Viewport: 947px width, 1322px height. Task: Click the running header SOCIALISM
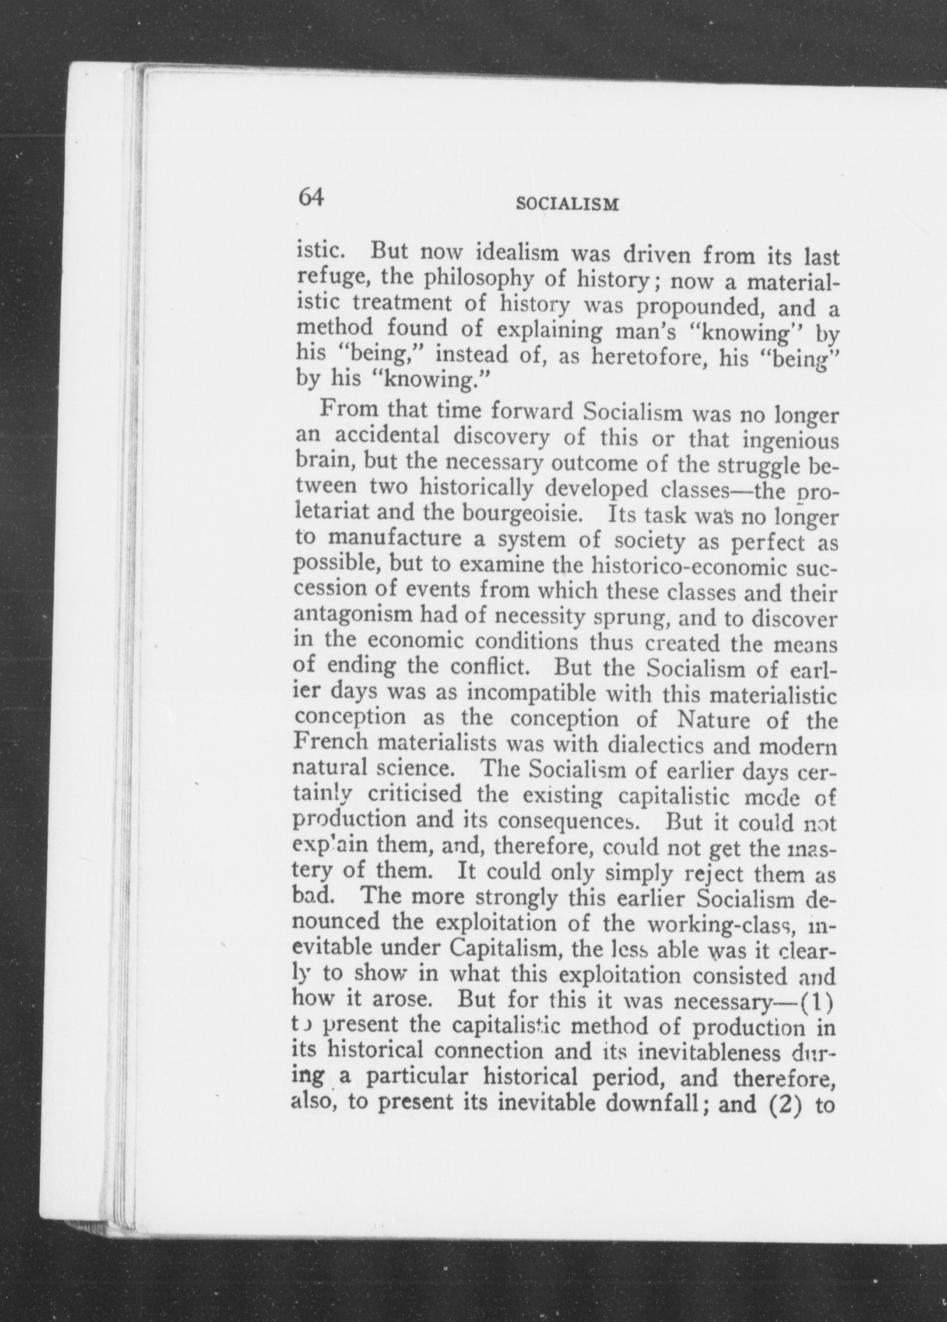coord(567,204)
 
